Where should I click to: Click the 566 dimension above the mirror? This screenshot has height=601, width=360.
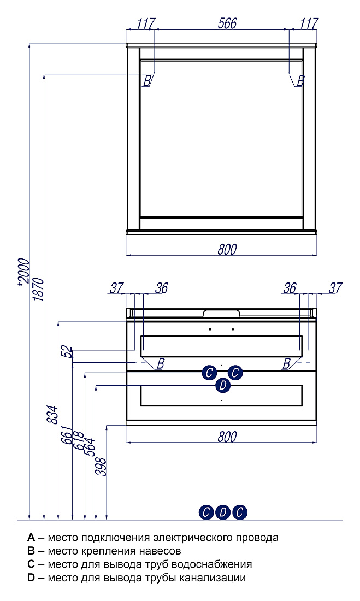coord(227,23)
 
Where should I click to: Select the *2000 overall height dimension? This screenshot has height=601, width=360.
coord(24,272)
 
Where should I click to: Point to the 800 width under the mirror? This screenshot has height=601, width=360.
coord(227,249)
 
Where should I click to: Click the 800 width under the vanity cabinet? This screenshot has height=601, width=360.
coord(227,437)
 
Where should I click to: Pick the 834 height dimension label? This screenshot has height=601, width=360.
coord(52,415)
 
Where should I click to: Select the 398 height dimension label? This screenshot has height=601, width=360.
coord(101,467)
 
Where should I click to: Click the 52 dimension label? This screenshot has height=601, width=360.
coord(68,352)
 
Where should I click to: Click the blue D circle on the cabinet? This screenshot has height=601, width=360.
coord(223,385)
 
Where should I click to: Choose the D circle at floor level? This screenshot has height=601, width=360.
coord(223,512)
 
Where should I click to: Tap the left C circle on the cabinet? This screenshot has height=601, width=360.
coord(209,373)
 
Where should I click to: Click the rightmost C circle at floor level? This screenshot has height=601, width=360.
coord(240,512)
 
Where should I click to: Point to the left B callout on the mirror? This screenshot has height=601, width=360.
coord(147,81)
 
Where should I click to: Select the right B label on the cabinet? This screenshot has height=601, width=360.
coord(286,363)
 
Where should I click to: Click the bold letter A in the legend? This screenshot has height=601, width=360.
coord(31,538)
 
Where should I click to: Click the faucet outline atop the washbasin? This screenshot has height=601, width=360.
coord(222,314)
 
